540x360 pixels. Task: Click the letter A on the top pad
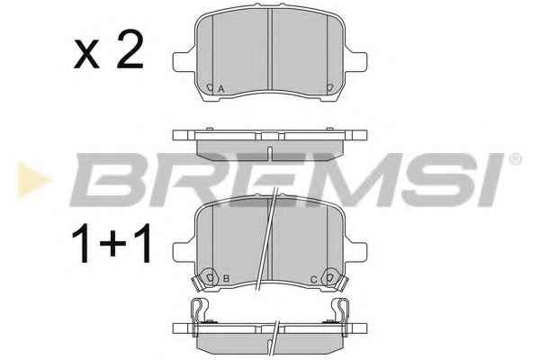221,88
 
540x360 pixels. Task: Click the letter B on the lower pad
226,278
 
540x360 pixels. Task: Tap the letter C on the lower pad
313,279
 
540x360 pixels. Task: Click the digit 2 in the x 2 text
130,49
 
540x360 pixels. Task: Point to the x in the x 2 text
86,55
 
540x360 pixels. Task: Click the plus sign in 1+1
112,243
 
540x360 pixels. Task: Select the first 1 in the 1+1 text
81,243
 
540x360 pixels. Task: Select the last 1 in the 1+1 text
143,243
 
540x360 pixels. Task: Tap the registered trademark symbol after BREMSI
516,159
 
